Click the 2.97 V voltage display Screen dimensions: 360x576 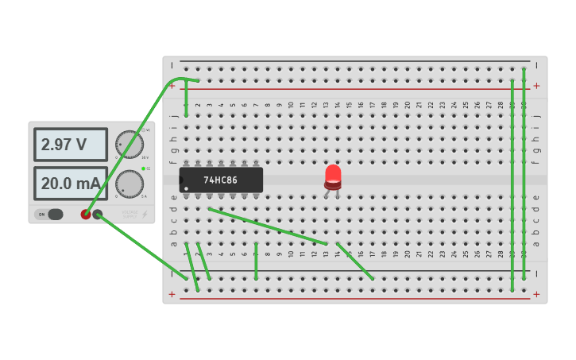pyautogui.click(x=70, y=145)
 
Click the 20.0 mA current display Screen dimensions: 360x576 pyautogui.click(x=70, y=184)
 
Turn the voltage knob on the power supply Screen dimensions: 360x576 pyautogui.click(x=130, y=145)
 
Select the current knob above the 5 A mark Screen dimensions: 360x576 pyautogui.click(x=130, y=184)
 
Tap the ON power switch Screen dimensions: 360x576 pyautogui.click(x=49, y=214)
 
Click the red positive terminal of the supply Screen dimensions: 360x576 pyautogui.click(x=86, y=214)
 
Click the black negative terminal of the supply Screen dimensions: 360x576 pyautogui.click(x=98, y=214)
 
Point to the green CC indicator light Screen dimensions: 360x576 pyautogui.click(x=143, y=168)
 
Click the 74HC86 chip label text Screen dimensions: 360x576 pyautogui.click(x=220, y=180)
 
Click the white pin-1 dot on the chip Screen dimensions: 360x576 pyautogui.click(x=186, y=188)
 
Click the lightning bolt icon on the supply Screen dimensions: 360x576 pyautogui.click(x=145, y=214)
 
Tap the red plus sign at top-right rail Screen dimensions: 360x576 pyautogui.click(x=536, y=86)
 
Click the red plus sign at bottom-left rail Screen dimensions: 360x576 pyautogui.click(x=172, y=294)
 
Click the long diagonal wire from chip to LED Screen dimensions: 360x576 pyautogui.click(x=268, y=226)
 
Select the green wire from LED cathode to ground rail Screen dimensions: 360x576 pyautogui.click(x=354, y=261)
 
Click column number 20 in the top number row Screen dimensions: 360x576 pyautogui.click(x=407, y=104)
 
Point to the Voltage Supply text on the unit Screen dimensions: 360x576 pyautogui.click(x=130, y=213)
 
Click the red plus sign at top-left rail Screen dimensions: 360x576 pyautogui.click(x=172, y=86)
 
